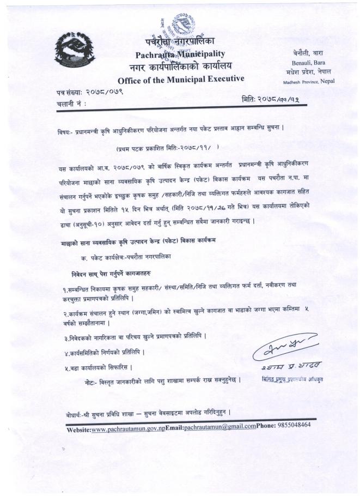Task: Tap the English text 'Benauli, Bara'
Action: (309, 63)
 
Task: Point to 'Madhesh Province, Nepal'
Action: (308, 82)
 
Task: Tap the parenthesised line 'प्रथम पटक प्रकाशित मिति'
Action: (167, 148)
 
